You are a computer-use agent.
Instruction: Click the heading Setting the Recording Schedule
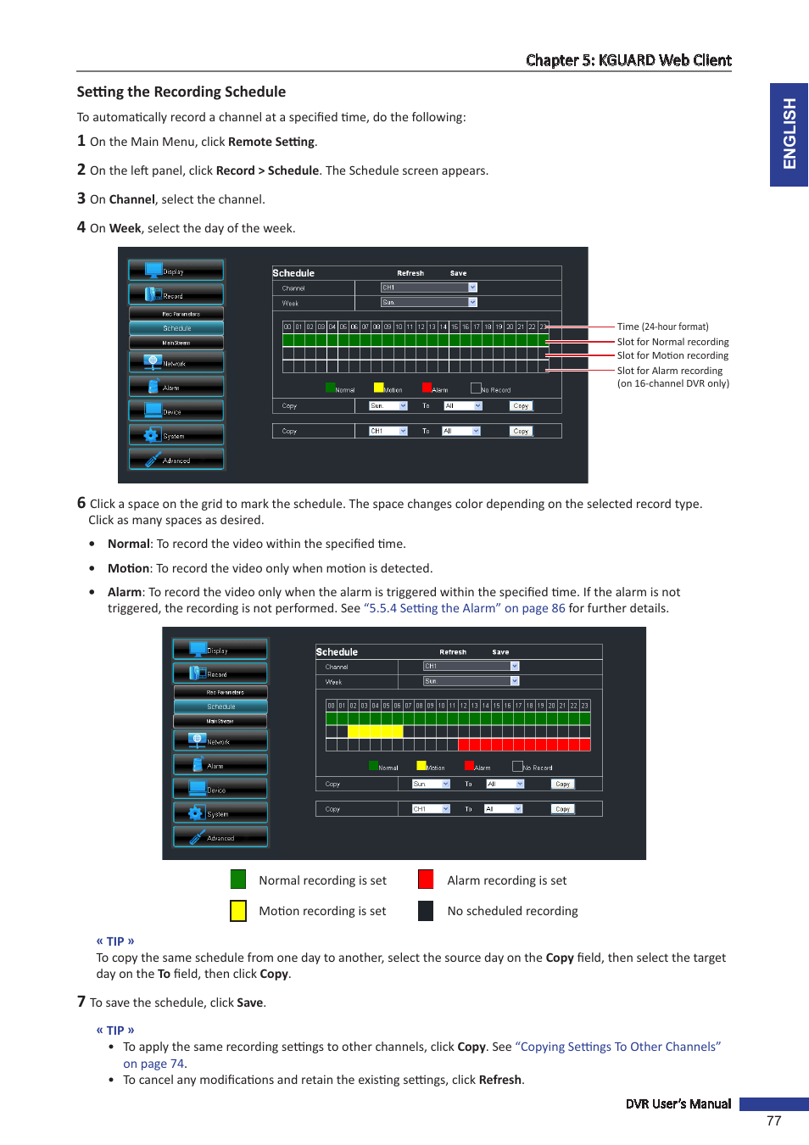coord(181,92)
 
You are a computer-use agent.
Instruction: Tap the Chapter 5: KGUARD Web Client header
coord(628,60)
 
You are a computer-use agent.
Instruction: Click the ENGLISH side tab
coord(789,134)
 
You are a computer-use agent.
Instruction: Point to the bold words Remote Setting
coord(271,142)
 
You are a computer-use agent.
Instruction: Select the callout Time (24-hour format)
coord(662,327)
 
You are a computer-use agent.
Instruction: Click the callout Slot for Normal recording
coord(672,342)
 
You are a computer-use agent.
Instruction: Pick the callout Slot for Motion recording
coord(672,355)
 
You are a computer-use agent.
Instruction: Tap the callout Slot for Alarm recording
coord(669,371)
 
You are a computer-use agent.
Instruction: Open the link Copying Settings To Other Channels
coord(620,1047)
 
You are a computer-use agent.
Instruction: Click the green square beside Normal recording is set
coord(238,880)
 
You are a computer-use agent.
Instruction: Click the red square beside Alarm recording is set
coord(426,880)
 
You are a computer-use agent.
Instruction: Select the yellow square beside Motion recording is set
coord(238,910)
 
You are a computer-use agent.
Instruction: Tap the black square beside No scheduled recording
coord(426,910)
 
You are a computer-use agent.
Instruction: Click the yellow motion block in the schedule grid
coord(375,731)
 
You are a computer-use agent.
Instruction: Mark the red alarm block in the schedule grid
coord(523,745)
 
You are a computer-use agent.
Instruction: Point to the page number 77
coord(773,1120)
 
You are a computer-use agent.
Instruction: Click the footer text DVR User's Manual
coord(678,1103)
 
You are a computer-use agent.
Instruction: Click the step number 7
coord(81,1002)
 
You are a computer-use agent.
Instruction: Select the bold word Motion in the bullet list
coord(128,568)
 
